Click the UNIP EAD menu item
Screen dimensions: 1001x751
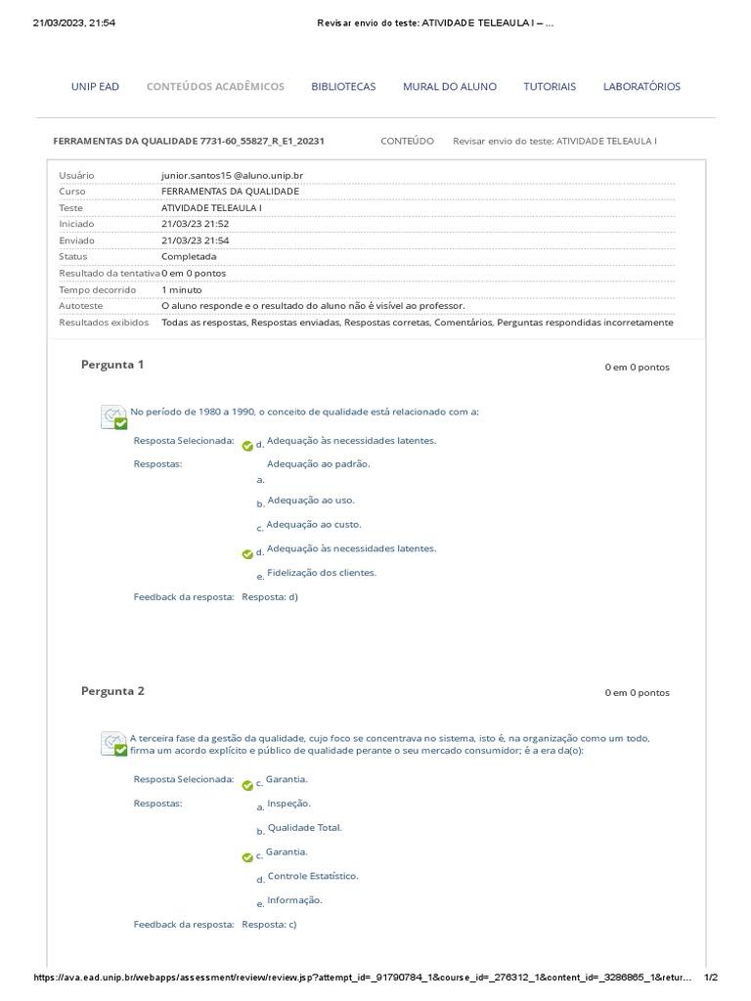click(x=95, y=87)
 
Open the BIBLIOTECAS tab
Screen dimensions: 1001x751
click(x=343, y=87)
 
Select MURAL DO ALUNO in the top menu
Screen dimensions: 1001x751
click(x=449, y=87)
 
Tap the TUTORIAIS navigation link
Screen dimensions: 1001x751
click(x=550, y=87)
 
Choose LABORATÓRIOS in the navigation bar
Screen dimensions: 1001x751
click(x=641, y=87)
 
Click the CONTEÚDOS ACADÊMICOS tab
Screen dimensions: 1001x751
click(x=215, y=87)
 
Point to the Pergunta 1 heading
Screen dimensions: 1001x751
click(x=112, y=365)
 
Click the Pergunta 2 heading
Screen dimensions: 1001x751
click(x=112, y=691)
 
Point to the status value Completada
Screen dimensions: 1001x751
click(x=189, y=257)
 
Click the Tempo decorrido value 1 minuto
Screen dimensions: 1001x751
click(x=182, y=290)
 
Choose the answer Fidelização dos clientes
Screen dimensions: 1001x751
click(x=321, y=573)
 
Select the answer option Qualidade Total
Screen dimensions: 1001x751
click(x=304, y=828)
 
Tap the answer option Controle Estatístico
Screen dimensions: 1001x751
click(x=312, y=876)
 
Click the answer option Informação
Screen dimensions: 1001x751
click(x=294, y=900)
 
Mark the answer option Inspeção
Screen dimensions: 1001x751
click(x=288, y=804)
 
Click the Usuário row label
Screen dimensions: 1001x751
click(x=76, y=175)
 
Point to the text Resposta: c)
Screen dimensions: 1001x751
click(x=269, y=924)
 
